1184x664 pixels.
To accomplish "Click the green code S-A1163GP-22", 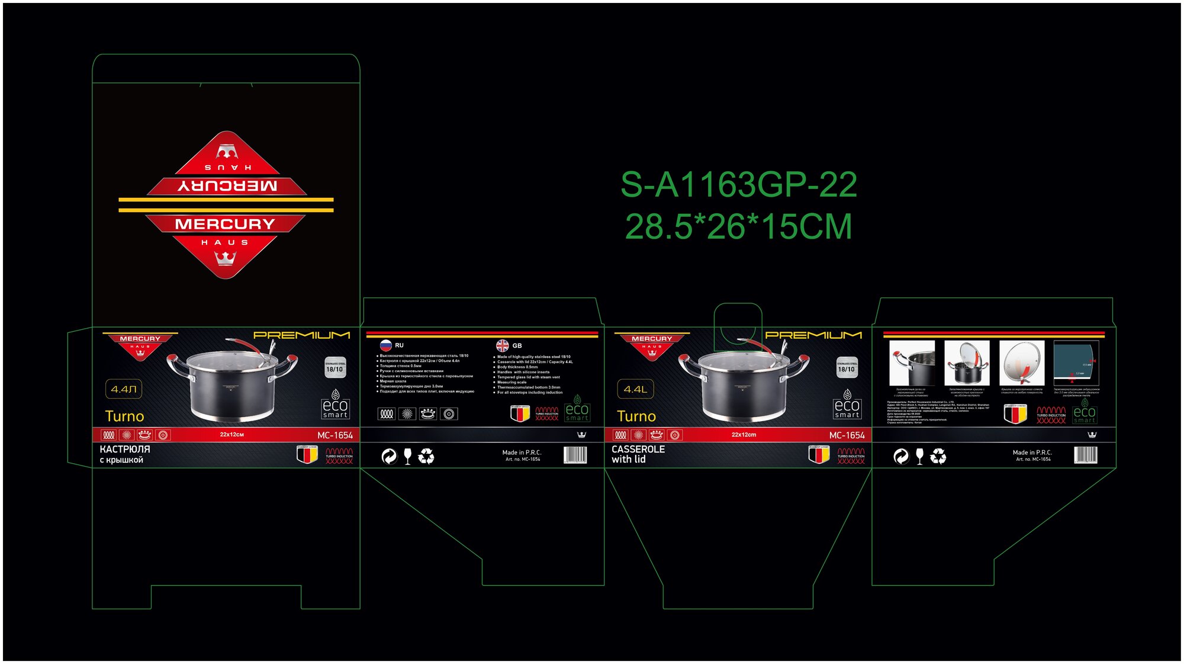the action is [738, 185].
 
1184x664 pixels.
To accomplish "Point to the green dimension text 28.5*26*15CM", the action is [738, 227].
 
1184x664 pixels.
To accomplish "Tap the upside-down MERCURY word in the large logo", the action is [227, 186].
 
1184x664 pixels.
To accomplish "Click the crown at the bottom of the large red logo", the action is [226, 258].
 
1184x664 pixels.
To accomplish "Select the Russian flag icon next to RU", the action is [386, 345].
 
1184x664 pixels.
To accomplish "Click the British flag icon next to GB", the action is [503, 345].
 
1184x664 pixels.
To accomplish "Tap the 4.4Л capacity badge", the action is [124, 389].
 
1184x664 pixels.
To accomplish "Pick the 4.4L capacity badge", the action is [635, 389].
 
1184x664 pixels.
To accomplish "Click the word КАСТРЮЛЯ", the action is [125, 450].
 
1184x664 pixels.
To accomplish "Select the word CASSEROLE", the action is [638, 450].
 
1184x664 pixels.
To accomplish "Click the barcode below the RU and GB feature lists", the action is [575, 455].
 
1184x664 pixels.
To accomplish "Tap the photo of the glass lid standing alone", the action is [1021, 363].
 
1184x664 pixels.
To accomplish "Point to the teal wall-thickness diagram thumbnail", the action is [1076, 363].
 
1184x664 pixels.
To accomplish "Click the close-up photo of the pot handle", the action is [912, 363].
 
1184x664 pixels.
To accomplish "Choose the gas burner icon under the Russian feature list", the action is [428, 414].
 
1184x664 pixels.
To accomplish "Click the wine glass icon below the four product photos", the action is [919, 456].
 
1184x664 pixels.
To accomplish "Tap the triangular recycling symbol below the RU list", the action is [426, 456].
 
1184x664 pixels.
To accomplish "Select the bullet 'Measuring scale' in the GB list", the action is [511, 382].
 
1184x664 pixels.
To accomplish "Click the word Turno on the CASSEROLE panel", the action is [636, 416].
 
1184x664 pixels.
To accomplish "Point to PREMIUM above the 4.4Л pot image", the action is [301, 335].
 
